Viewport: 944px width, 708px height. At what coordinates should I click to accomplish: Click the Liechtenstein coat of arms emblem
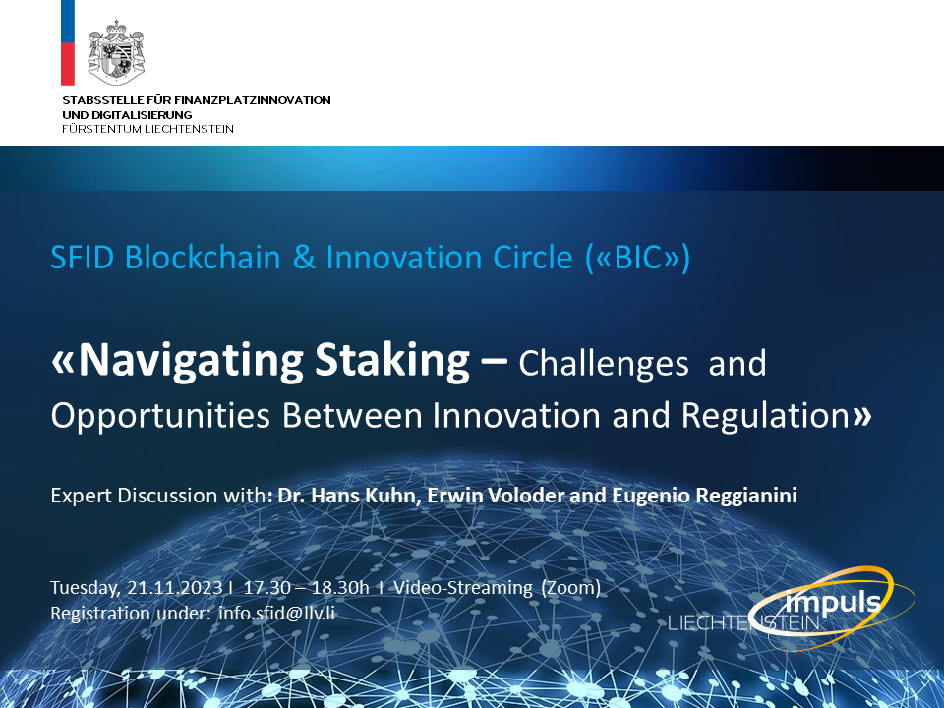click(x=116, y=53)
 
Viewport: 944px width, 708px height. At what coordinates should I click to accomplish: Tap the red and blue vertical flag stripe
click(x=68, y=42)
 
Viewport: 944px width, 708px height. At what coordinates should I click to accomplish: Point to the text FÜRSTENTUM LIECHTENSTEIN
click(x=148, y=129)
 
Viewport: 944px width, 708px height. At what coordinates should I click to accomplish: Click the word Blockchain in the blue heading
click(x=203, y=257)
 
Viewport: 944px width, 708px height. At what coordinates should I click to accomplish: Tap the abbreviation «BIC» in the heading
click(x=637, y=258)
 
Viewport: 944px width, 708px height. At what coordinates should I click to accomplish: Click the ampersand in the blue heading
click(x=304, y=258)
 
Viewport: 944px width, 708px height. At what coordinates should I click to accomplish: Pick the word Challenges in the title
click(x=603, y=365)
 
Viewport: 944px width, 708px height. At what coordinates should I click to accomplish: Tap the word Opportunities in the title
click(x=160, y=416)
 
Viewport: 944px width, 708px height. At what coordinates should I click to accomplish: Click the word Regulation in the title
click(x=765, y=415)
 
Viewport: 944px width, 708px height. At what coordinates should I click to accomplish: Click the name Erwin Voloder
click(x=496, y=496)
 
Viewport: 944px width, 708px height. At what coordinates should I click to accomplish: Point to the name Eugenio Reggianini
click(x=704, y=496)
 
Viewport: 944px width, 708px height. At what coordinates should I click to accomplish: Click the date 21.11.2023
click(x=175, y=588)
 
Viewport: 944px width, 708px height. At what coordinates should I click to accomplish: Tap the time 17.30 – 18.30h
click(x=306, y=588)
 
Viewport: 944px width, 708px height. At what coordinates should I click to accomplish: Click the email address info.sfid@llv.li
click(x=276, y=613)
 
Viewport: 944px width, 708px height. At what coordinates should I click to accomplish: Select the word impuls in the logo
click(x=833, y=603)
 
